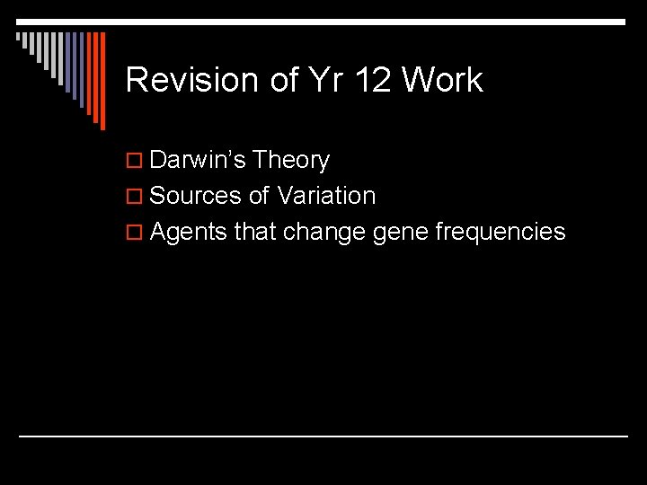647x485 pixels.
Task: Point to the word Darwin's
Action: (x=198, y=161)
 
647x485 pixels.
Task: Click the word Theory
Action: (x=291, y=161)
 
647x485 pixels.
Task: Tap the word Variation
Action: (x=326, y=196)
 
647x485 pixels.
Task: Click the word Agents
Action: (x=189, y=232)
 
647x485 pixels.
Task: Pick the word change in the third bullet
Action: (x=323, y=232)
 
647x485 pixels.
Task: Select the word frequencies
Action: (x=501, y=232)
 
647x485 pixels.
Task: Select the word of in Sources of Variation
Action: (x=259, y=196)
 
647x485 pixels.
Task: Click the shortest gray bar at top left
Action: (x=18, y=38)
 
